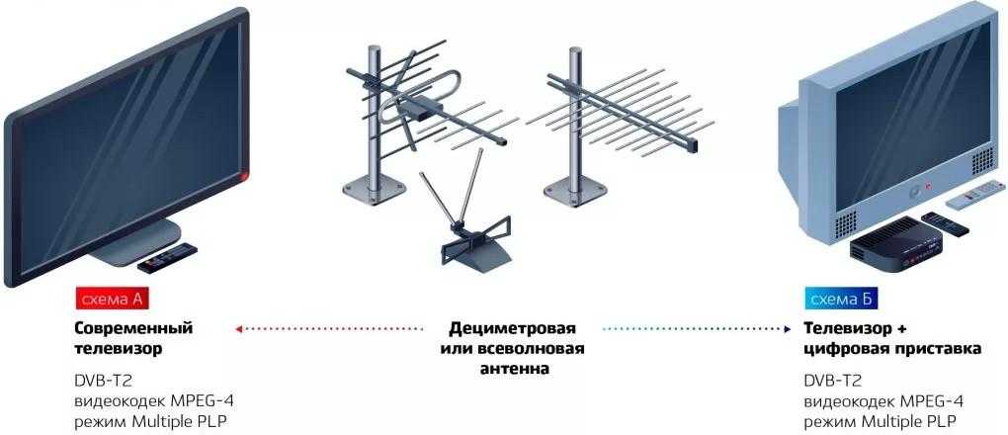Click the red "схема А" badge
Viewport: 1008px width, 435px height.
pyautogui.click(x=112, y=298)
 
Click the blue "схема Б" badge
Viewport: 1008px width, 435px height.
pyautogui.click(x=839, y=298)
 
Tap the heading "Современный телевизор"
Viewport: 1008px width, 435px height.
pyautogui.click(x=132, y=338)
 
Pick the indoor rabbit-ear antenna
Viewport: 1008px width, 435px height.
pyautogui.click(x=464, y=228)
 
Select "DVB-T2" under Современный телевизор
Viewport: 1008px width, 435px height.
pyautogui.click(x=101, y=381)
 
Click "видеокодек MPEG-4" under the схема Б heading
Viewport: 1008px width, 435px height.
pyautogui.click(x=883, y=400)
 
